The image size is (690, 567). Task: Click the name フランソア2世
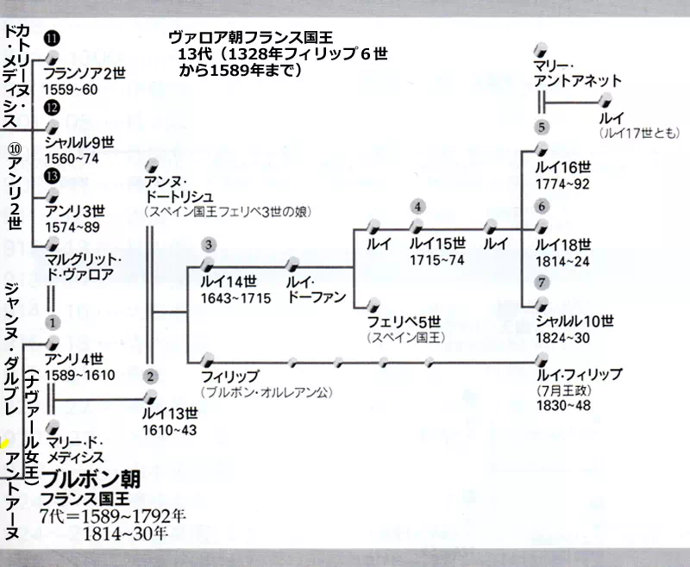[85, 73]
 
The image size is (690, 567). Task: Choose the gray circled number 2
[150, 376]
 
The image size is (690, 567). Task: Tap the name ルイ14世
[228, 281]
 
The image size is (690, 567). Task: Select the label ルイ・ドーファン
[317, 289]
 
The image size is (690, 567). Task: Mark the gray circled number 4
[418, 207]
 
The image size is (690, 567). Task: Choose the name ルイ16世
[563, 168]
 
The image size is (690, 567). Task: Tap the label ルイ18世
[563, 244]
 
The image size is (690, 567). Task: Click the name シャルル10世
[574, 321]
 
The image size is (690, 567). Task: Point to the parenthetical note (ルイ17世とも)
[639, 134]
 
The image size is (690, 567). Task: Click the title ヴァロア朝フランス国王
[251, 37]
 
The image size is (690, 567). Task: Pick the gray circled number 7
[541, 283]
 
